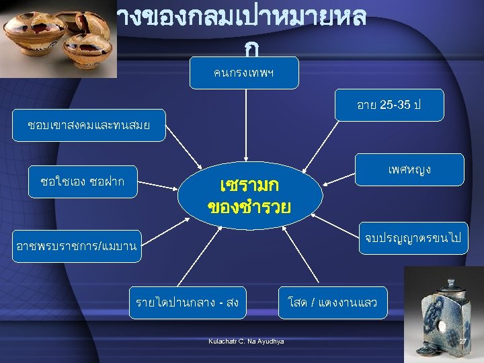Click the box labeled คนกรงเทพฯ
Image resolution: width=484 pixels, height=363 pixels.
point(244,73)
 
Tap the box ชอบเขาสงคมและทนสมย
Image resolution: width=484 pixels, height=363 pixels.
point(87,125)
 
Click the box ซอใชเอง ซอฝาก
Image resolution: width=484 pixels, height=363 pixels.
point(82,182)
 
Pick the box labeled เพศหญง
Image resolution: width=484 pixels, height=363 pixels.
point(410,169)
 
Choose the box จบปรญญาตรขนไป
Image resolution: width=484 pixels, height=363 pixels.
point(412,239)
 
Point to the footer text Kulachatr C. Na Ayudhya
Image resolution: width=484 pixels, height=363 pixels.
point(246,341)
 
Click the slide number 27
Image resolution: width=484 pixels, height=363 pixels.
point(462,342)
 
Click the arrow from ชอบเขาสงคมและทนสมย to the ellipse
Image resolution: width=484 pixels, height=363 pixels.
point(182,155)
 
